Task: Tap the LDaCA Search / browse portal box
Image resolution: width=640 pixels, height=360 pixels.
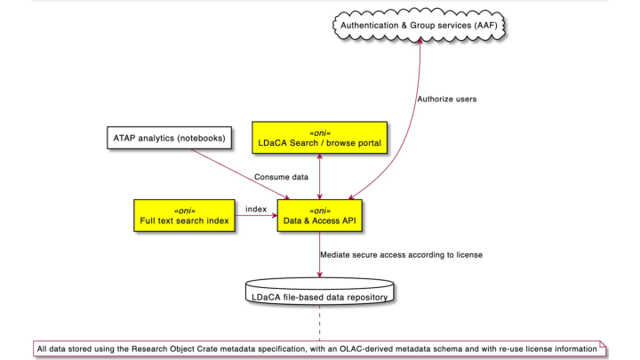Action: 319,137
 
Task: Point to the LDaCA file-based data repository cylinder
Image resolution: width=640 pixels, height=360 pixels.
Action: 319,294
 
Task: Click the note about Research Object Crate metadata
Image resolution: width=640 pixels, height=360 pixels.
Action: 319,348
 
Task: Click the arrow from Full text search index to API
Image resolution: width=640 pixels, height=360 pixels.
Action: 257,216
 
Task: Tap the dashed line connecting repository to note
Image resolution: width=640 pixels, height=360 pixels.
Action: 319,322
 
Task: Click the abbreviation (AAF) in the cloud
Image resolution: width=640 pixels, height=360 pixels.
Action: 481,26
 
